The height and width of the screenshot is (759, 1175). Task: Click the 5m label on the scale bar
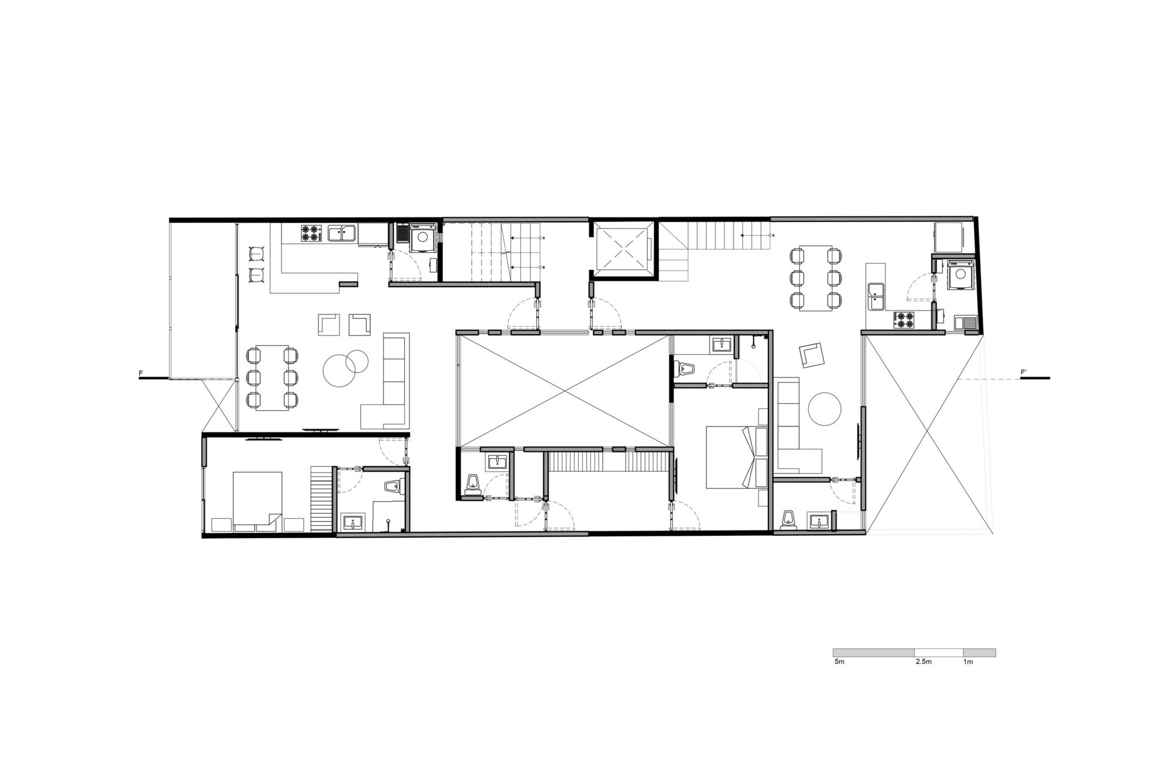[x=839, y=662]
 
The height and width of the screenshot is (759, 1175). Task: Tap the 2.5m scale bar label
[x=923, y=662]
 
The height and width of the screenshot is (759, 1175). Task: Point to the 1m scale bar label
[x=968, y=662]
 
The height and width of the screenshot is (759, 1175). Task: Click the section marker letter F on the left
[x=140, y=373]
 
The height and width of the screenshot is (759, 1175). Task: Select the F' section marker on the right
[x=1023, y=373]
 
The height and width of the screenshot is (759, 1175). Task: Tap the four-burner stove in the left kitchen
[x=311, y=233]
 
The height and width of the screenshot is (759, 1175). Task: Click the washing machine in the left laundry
[x=422, y=237]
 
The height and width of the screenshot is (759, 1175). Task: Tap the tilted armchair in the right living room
[x=812, y=355]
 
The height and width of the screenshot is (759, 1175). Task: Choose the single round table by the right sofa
[x=824, y=408]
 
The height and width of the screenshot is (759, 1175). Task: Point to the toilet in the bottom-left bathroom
[x=392, y=486]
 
